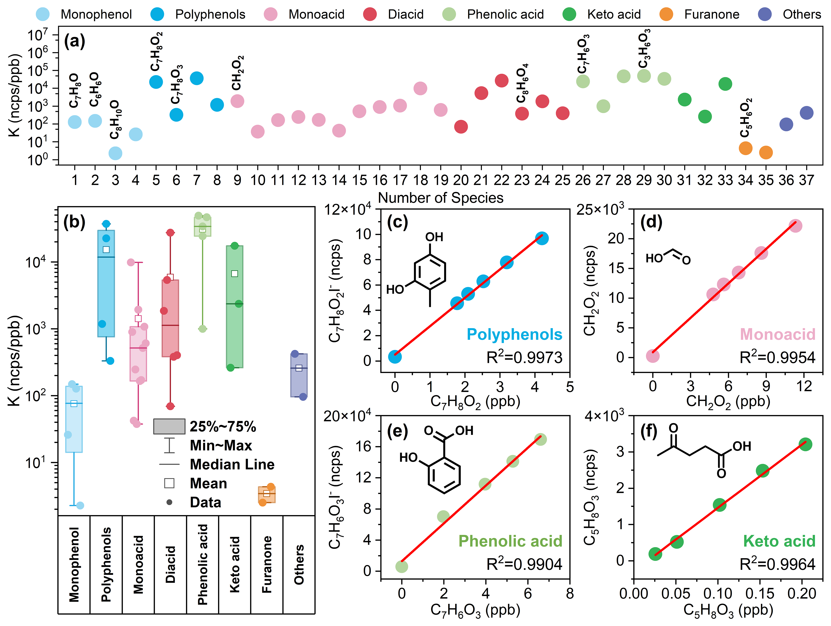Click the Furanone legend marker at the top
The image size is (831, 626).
coord(666,14)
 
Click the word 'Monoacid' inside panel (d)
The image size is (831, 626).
coord(777,334)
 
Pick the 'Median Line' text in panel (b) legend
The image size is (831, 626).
coord(232,465)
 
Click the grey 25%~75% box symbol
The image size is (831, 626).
coord(169,427)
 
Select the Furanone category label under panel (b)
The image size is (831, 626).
coord(267,564)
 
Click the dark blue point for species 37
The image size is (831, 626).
coord(806,113)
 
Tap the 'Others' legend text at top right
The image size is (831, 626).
coord(802,14)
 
